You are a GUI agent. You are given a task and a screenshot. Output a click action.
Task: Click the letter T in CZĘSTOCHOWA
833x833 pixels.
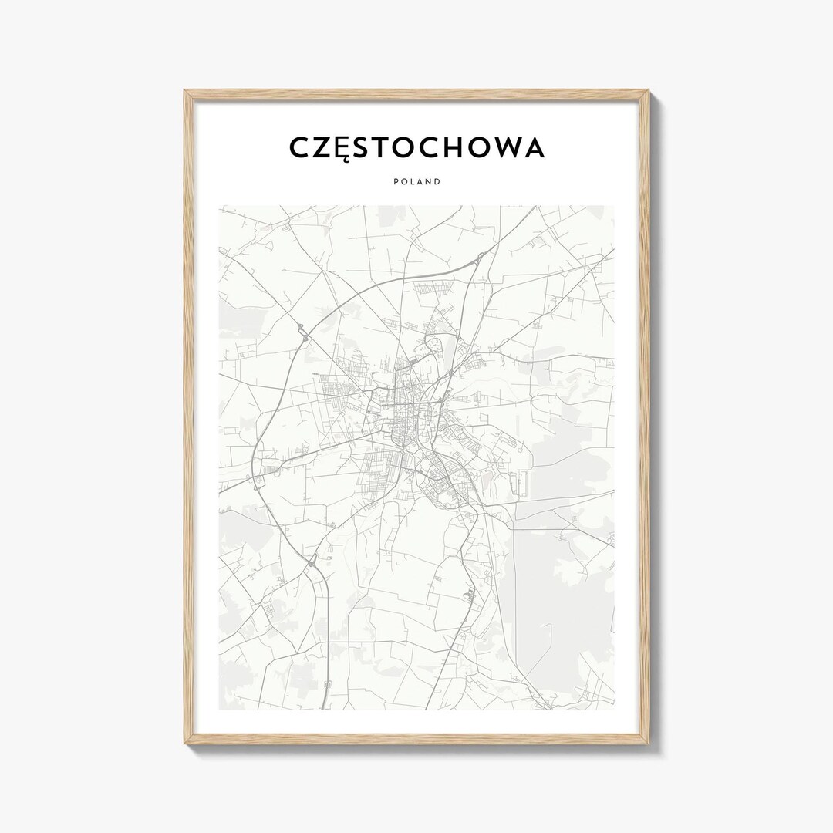(386, 147)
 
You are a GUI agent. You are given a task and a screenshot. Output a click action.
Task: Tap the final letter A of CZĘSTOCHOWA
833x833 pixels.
(531, 147)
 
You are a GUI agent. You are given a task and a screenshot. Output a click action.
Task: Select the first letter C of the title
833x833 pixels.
(300, 147)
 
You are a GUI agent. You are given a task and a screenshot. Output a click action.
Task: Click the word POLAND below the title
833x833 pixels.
(416, 182)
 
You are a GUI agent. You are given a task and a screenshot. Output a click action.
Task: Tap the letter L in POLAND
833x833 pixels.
(411, 182)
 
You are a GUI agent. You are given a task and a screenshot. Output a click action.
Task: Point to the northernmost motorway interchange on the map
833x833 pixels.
(479, 258)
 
